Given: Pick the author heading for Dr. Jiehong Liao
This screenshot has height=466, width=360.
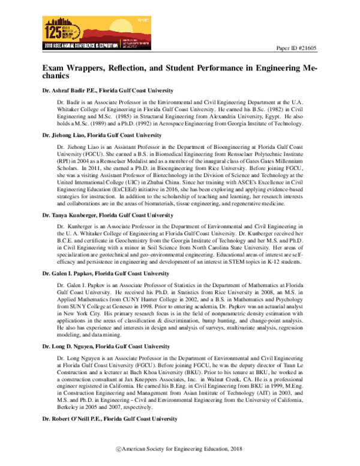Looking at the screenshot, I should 97,136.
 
